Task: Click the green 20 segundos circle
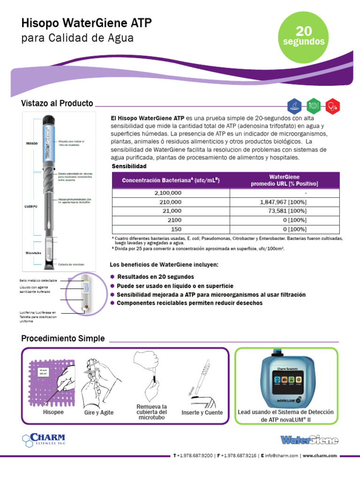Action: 304,37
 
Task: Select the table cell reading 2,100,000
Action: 168,193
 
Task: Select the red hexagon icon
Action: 332,105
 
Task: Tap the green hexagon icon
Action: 313,105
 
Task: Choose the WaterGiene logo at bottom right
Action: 309,440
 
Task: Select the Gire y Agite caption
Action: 98,412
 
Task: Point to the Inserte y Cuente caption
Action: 202,412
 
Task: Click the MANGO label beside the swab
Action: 32,144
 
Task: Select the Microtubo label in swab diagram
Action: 33,253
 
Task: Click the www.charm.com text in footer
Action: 320,455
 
